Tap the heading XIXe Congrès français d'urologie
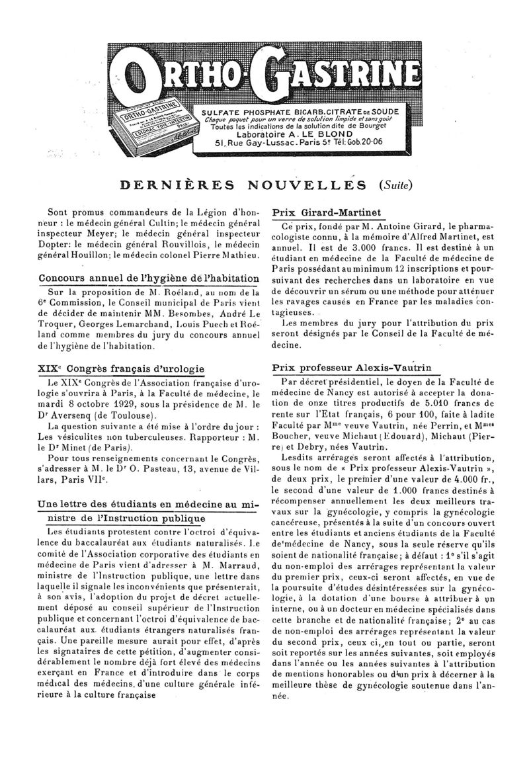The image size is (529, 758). (122, 368)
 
